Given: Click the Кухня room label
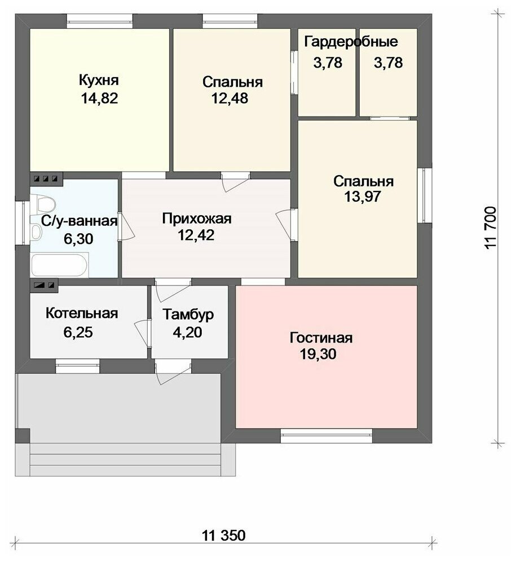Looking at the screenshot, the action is [99, 81].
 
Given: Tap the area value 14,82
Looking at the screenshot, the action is [99, 98].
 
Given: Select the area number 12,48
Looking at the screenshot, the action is [230, 98].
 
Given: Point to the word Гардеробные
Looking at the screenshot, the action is [351, 42].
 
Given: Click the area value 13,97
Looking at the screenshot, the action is [363, 197].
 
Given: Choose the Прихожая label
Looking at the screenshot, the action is [197, 219].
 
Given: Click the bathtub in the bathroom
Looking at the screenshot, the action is [59, 265].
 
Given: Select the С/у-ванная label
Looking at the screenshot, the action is [79, 221].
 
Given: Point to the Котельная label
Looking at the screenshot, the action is [82, 313].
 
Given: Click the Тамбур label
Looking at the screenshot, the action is [188, 315].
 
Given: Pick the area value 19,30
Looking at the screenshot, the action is [318, 354].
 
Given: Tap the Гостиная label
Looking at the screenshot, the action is [321, 338].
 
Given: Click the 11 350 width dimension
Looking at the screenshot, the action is [223, 536].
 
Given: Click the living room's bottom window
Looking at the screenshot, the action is [326, 436].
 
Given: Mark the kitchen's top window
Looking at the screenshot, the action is [100, 21].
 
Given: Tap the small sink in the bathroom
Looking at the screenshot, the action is [36, 232].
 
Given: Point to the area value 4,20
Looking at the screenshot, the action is [187, 332].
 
